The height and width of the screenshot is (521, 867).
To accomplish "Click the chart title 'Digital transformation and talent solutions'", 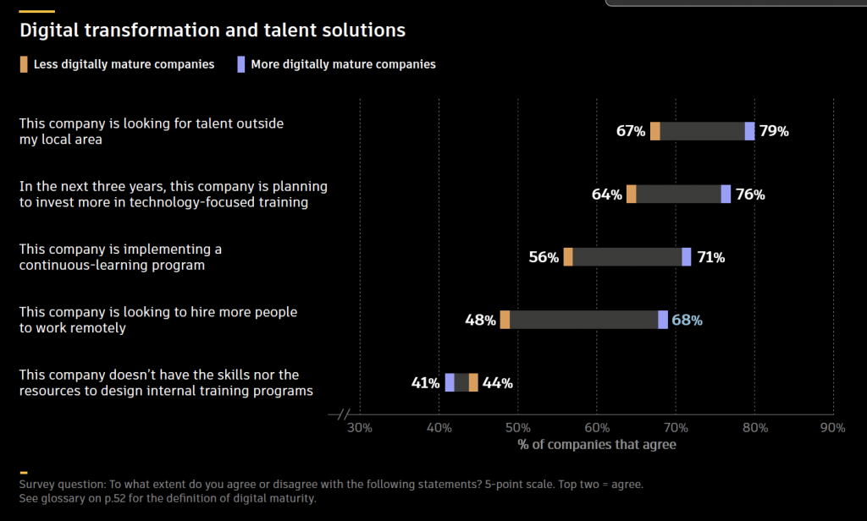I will (213, 30).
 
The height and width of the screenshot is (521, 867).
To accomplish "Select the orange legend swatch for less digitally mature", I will (25, 64).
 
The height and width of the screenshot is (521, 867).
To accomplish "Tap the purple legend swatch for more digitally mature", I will (241, 64).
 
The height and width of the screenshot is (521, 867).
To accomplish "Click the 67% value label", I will (631, 131).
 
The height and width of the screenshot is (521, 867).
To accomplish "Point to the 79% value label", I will (774, 131).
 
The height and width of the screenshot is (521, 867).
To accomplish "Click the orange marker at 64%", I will (632, 194).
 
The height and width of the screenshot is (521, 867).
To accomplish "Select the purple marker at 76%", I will (726, 194).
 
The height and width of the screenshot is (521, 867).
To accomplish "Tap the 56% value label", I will (544, 257).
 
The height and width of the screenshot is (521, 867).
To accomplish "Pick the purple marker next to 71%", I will (687, 257).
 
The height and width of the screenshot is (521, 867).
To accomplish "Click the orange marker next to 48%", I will (505, 320).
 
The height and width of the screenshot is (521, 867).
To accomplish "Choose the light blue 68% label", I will (687, 320).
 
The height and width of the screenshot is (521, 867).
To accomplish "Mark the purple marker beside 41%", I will (450, 382).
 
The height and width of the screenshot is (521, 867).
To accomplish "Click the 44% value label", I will (497, 383).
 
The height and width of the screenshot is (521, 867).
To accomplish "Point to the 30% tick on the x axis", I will (360, 428).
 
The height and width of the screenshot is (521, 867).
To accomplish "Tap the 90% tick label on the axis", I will (833, 428).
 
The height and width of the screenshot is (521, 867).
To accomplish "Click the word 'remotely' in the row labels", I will (99, 328).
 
